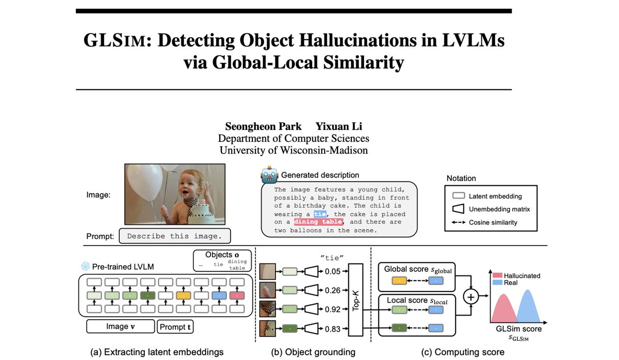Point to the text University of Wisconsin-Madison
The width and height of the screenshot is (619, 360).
click(294, 150)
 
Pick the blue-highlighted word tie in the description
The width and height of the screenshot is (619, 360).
click(320, 214)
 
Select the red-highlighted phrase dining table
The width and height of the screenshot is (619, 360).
click(318, 222)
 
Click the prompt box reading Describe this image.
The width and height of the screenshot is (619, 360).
click(174, 236)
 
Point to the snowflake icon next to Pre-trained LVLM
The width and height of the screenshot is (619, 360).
click(85, 267)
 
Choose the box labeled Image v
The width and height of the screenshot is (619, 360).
click(120, 326)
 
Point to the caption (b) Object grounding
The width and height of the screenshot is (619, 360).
click(313, 352)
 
